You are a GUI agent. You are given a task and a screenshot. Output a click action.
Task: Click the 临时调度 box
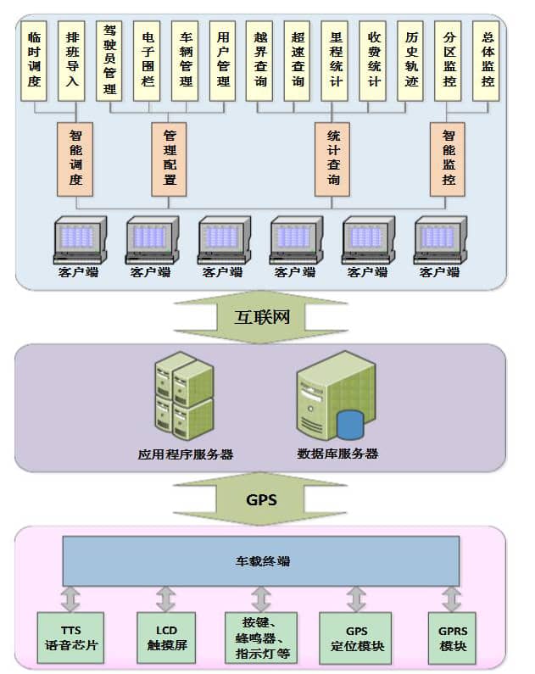click(x=34, y=60)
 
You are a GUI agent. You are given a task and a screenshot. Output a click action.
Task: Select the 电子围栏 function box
click(x=147, y=60)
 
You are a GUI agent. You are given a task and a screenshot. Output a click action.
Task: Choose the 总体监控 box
click(x=486, y=60)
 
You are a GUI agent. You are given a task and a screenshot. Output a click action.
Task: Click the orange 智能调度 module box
click(x=76, y=159)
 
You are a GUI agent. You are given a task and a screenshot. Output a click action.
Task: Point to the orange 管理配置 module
click(x=170, y=159)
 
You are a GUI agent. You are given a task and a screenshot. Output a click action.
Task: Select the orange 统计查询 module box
click(x=332, y=159)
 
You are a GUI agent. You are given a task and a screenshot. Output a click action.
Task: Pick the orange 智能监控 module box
click(x=449, y=159)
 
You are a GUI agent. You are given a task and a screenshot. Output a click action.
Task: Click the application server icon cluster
click(x=182, y=398)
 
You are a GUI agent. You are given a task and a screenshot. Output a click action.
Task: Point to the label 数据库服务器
click(x=337, y=454)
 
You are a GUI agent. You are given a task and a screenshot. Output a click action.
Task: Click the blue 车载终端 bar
click(x=261, y=560)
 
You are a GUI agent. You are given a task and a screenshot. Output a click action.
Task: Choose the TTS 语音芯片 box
click(x=70, y=638)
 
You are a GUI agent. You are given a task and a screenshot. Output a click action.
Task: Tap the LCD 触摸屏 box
click(x=166, y=638)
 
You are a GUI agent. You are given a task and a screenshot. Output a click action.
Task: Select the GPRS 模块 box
click(x=453, y=638)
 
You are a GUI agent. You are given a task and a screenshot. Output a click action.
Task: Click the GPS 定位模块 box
click(x=357, y=638)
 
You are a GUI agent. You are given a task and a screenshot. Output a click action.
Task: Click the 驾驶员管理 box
click(x=109, y=60)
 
